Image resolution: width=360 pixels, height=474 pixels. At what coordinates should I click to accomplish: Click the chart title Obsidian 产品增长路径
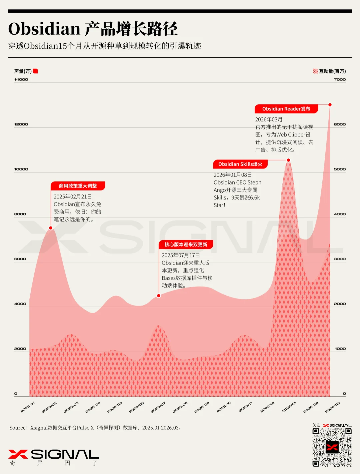pos(93,29)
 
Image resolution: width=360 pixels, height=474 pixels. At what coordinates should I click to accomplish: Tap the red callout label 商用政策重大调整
pos(78,186)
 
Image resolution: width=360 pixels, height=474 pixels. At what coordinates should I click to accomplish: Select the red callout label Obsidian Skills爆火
pos(240,164)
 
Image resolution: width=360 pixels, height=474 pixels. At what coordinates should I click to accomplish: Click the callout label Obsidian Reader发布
pos(286,109)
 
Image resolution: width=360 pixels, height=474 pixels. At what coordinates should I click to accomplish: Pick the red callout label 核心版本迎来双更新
pos(186,245)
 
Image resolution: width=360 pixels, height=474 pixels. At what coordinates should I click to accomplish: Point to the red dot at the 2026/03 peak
pos(330,105)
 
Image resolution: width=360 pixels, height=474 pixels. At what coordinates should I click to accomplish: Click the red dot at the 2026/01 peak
pos(289,160)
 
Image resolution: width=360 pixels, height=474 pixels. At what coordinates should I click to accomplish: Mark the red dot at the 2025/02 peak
pos(51,228)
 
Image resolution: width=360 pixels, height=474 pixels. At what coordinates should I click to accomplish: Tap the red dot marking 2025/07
pos(159,296)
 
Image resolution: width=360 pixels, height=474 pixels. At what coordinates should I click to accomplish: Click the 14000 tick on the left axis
pos(21,79)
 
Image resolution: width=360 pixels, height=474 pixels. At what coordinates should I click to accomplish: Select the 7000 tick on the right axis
pos(340,79)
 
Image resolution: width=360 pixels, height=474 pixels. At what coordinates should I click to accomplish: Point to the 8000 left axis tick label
pos(20,214)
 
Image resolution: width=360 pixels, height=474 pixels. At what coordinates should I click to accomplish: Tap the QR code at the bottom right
pos(332,447)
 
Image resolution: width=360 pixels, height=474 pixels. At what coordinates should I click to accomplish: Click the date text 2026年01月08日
pos(233,175)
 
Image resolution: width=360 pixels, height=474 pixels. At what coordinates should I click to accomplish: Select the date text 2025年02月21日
pos(73,197)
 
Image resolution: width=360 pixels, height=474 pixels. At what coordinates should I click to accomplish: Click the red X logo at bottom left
pos(18,454)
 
